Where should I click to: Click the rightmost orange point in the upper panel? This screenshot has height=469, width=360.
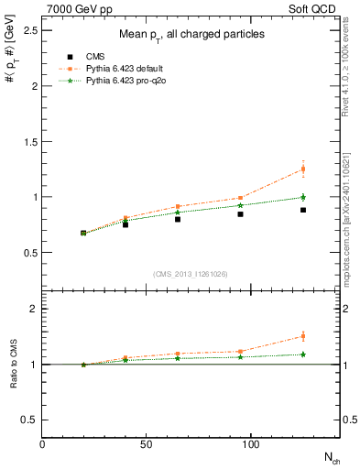pyautogui.click(x=303, y=169)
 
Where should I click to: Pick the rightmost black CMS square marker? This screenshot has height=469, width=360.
pyautogui.click(x=303, y=210)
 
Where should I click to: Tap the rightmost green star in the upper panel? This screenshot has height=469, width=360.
pyautogui.click(x=303, y=197)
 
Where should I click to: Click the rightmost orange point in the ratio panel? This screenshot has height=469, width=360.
pyautogui.click(x=303, y=336)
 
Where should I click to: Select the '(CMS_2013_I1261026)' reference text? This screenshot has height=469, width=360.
pyautogui.click(x=191, y=273)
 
